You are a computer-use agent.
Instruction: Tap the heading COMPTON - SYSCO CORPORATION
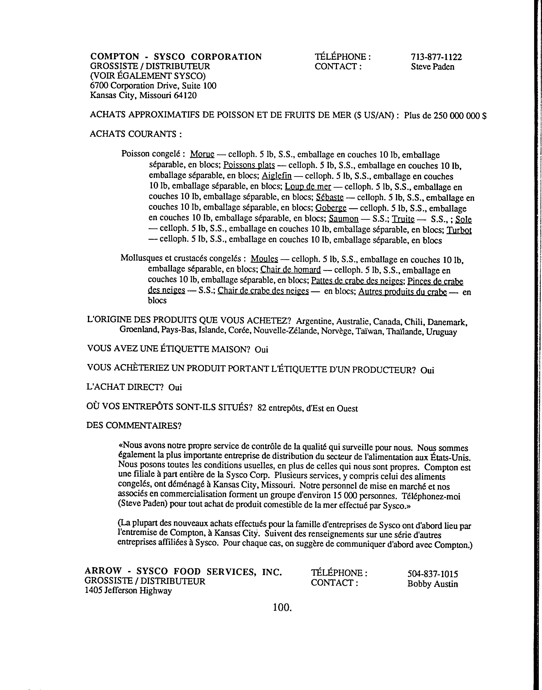[x=176, y=57]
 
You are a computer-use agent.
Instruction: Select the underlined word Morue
[x=202, y=154]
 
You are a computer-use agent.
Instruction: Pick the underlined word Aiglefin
[x=276, y=176]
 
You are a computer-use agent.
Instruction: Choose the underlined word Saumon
[x=344, y=219]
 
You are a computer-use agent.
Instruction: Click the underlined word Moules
[x=264, y=259]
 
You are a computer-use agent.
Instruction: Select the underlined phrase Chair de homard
[x=290, y=270]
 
